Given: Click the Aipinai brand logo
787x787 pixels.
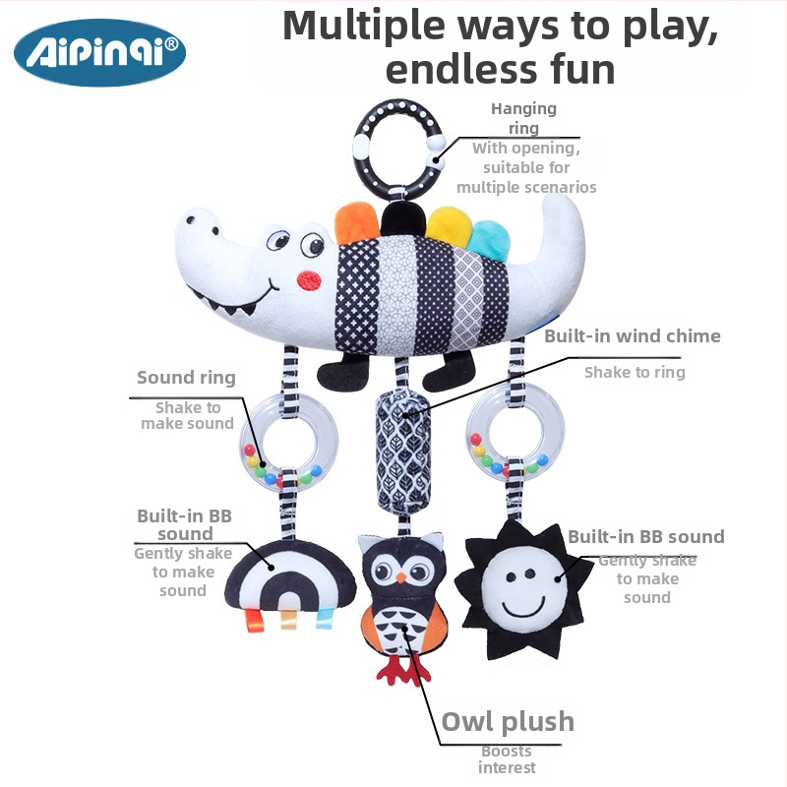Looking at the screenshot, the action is pyautogui.click(x=100, y=52).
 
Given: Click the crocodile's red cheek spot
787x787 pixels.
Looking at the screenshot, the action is pyautogui.click(x=309, y=281).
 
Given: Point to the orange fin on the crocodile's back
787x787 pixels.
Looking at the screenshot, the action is pyautogui.click(x=356, y=222).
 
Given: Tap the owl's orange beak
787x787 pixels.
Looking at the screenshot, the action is pyautogui.click(x=400, y=577).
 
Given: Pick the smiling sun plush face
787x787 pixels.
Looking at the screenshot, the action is pyautogui.click(x=523, y=588).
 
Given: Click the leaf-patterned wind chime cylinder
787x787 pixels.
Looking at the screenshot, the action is pyautogui.click(x=403, y=450).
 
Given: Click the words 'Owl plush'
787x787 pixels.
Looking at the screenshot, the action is pyautogui.click(x=508, y=723).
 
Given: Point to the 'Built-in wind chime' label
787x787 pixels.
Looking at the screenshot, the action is pyautogui.click(x=633, y=335).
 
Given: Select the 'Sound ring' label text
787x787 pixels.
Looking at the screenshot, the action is pyautogui.click(x=186, y=378).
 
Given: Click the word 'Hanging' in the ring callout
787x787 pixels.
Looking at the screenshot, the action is pyautogui.click(x=523, y=109).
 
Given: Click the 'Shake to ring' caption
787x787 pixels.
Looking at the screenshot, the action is pyautogui.click(x=635, y=372).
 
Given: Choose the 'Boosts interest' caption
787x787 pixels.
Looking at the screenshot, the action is pyautogui.click(x=507, y=759).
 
